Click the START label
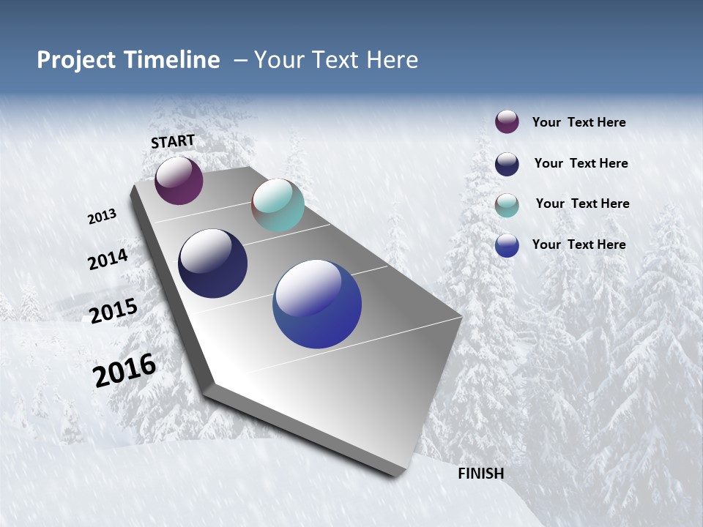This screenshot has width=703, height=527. [173, 141]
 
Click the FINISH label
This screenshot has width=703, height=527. [481, 474]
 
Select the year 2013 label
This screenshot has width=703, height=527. [102, 217]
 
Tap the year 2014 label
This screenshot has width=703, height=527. [108, 259]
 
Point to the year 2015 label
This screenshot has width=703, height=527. [114, 310]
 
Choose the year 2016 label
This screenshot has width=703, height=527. [124, 370]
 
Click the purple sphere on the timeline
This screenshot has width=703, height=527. [179, 180]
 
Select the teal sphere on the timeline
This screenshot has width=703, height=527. [278, 205]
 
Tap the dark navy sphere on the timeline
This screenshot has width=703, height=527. [212, 263]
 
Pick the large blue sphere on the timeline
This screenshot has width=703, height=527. [317, 304]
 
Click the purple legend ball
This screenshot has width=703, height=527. [507, 122]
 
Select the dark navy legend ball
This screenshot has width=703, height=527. [507, 164]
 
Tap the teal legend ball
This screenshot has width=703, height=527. [507, 205]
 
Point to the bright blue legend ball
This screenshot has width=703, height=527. [507, 245]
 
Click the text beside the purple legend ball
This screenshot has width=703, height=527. [579, 122]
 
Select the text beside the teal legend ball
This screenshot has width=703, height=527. [582, 203]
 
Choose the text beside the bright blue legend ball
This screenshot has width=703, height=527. [579, 244]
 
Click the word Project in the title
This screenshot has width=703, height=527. [77, 60]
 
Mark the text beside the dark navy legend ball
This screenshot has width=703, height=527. [581, 163]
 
